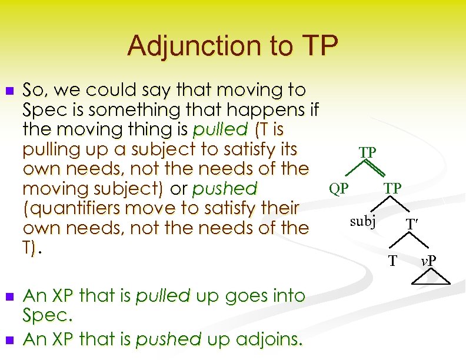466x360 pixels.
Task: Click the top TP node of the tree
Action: point(367,153)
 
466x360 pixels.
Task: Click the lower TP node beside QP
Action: point(393,188)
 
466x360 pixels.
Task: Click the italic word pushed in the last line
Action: point(160,339)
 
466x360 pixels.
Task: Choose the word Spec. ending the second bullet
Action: point(47,315)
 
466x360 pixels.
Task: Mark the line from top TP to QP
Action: point(352,171)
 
